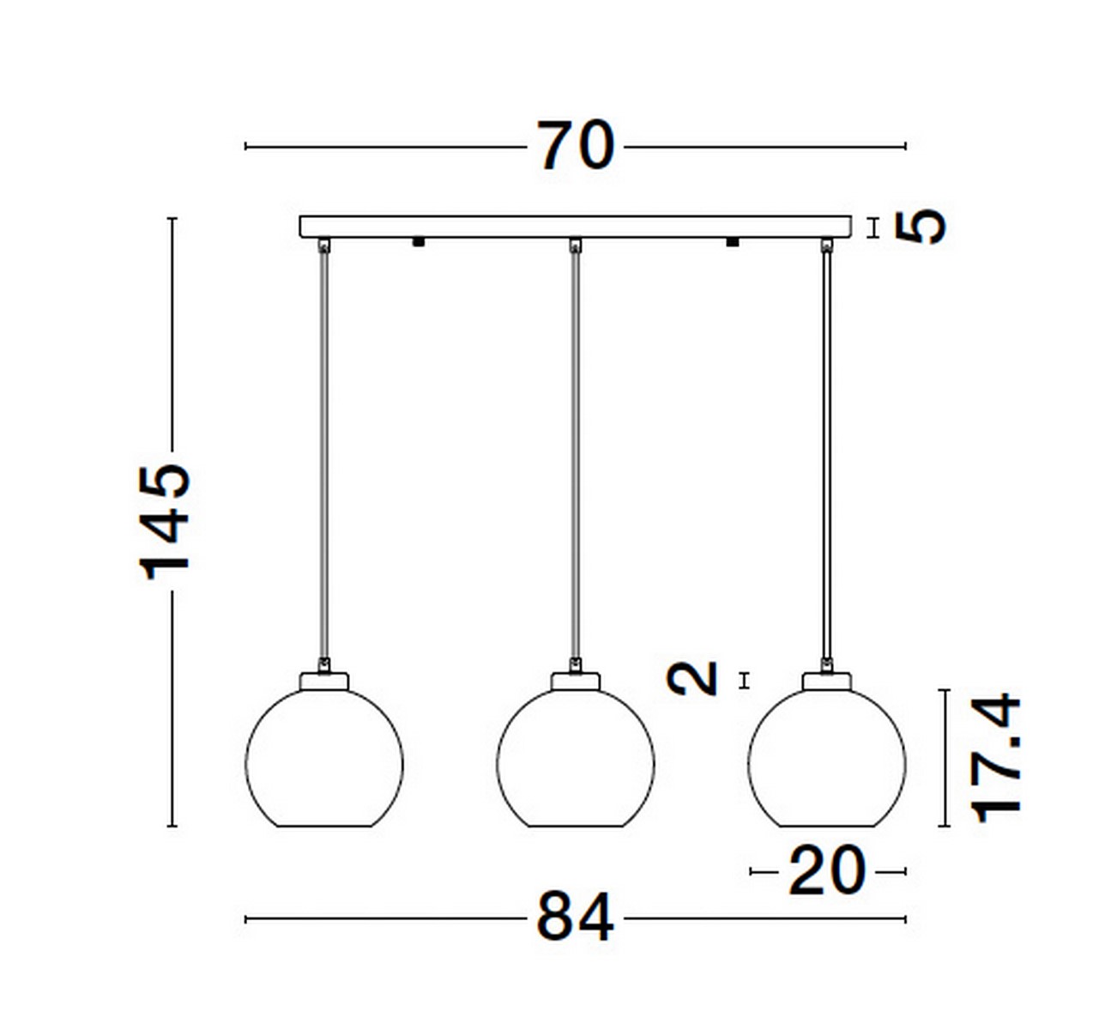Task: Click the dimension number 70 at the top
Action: [576, 146]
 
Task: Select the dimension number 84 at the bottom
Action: [576, 918]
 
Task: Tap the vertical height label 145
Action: [165, 522]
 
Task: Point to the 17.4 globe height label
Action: [995, 758]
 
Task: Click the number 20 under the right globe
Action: [827, 871]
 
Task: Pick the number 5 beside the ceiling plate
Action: [921, 226]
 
